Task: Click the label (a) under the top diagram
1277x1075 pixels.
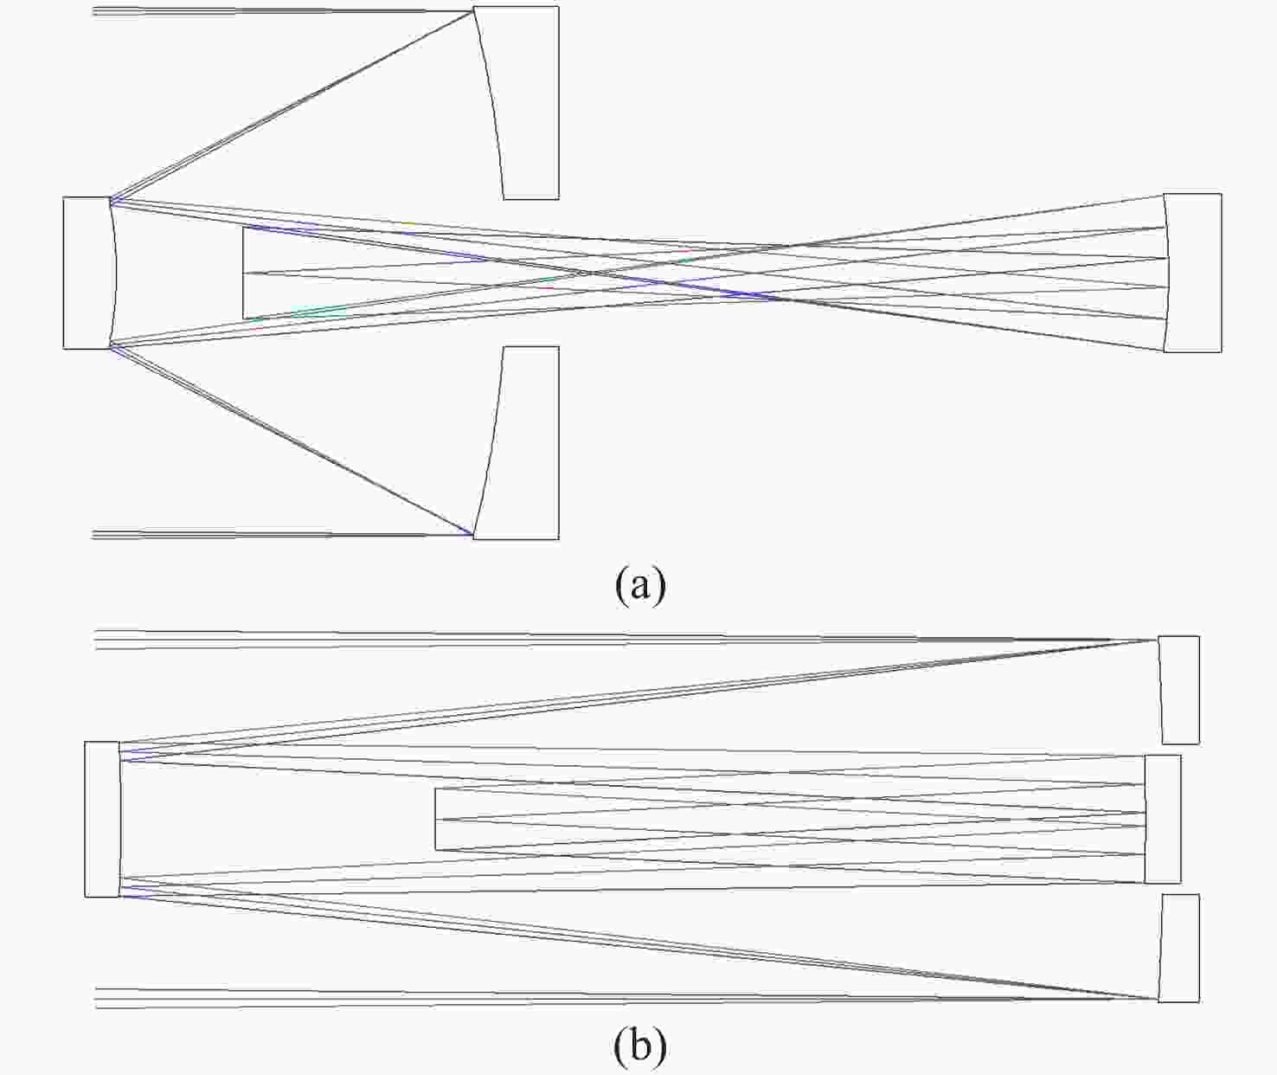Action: pos(639,585)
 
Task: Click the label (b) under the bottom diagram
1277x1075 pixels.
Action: pos(639,1046)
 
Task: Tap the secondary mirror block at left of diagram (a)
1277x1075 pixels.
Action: pos(88,273)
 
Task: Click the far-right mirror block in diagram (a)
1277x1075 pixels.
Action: pos(1192,273)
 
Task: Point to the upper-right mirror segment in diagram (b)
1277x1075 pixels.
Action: pos(1178,690)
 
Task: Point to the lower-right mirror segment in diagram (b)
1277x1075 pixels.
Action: pos(1178,948)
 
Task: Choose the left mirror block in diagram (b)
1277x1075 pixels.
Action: pos(103,820)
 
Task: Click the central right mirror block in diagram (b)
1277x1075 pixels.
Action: pos(1163,819)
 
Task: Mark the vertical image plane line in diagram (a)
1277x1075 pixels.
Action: pos(243,273)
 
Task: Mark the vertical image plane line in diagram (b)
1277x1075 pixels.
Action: pos(435,820)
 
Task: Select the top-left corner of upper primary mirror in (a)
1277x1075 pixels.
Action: pos(472,7)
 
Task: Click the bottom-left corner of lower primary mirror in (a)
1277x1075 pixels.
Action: pos(472,539)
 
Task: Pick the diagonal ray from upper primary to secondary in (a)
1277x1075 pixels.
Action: pos(292,105)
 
